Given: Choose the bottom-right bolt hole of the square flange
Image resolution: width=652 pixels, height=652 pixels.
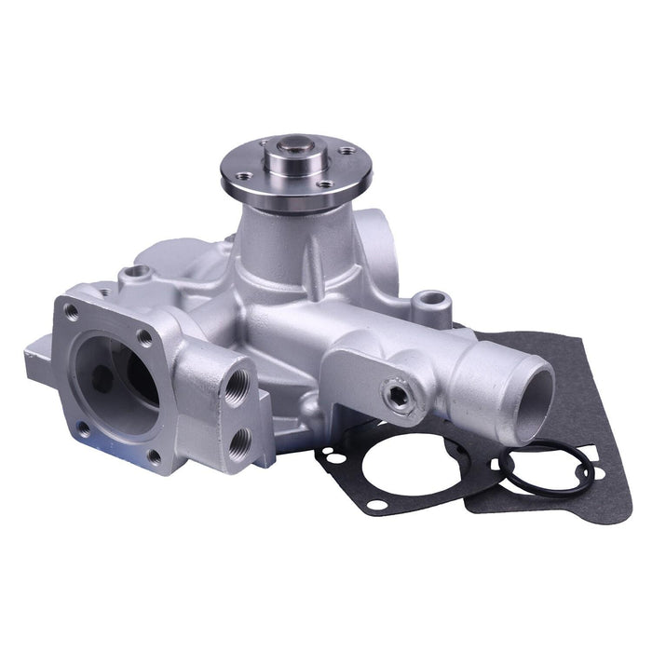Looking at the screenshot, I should coord(154,456).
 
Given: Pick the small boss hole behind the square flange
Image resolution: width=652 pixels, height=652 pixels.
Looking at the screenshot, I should coord(138,272).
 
